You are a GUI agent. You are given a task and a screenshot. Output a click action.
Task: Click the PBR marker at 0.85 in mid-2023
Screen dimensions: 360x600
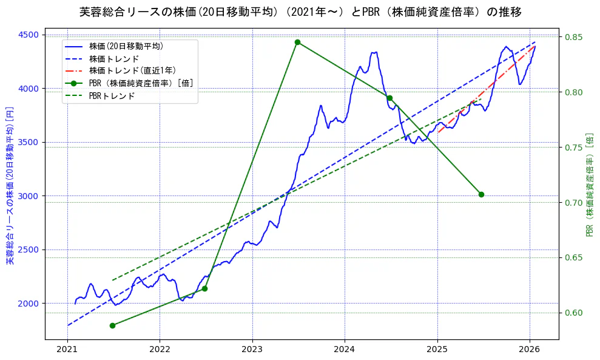(x=297, y=42)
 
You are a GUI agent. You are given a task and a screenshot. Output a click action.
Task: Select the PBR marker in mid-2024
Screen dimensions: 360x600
(x=389, y=98)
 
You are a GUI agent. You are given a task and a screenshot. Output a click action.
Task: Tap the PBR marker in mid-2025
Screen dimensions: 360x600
(x=481, y=194)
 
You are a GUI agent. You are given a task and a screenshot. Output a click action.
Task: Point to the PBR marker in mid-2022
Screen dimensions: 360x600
(x=204, y=288)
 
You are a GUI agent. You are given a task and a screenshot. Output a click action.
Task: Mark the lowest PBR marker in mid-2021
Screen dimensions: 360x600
(x=112, y=325)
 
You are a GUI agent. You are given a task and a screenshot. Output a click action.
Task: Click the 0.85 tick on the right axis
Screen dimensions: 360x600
(x=575, y=37)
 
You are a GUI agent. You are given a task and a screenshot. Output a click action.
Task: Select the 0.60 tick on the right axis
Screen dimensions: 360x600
(x=575, y=313)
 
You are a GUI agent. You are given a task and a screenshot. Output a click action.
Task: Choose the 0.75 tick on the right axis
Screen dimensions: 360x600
(x=575, y=148)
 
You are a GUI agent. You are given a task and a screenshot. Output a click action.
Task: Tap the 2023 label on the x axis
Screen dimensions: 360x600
(x=252, y=349)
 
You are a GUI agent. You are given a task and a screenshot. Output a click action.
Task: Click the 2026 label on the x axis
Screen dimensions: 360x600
(x=530, y=349)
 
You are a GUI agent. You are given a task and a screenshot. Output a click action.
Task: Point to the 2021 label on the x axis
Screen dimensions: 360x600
(x=67, y=349)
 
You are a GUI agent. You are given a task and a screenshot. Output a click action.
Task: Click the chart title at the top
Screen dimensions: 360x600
(x=300, y=12)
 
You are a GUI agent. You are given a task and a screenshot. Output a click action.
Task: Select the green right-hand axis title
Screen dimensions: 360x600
(x=590, y=185)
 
